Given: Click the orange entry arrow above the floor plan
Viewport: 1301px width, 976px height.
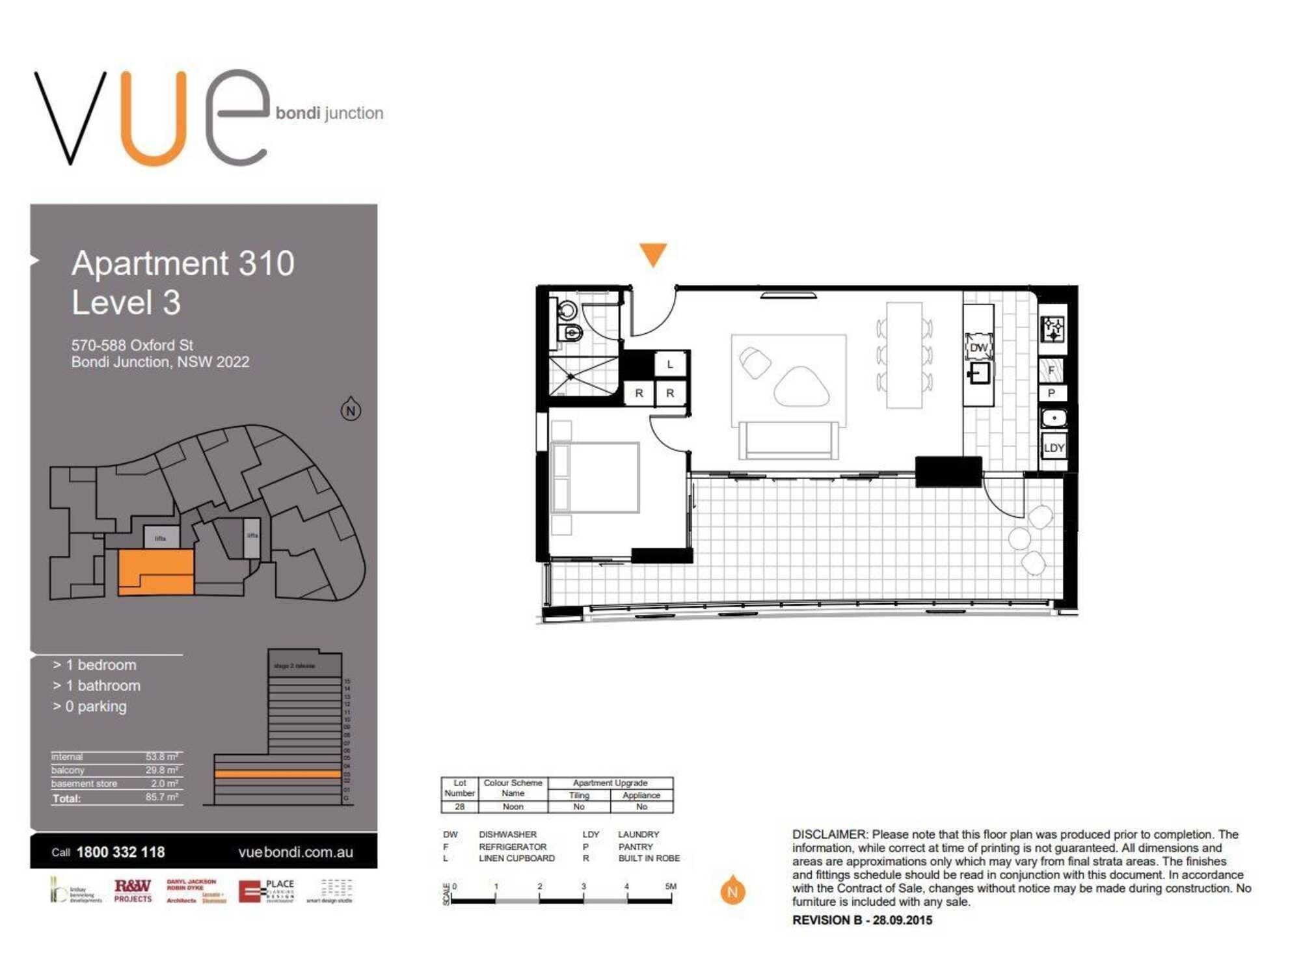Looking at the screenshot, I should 653,253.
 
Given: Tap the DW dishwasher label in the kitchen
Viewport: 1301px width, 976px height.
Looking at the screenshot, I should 978,347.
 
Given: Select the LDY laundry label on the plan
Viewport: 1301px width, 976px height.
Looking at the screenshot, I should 1054,448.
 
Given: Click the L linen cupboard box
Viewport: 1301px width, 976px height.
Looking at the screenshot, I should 670,364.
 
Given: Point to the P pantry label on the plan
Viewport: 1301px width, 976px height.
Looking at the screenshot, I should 1051,393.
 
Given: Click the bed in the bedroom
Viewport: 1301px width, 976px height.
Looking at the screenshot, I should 595,478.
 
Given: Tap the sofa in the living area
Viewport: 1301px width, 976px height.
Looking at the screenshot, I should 788,440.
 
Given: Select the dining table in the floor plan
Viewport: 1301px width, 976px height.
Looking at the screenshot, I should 904,355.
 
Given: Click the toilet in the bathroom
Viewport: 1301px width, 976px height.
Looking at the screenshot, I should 571,334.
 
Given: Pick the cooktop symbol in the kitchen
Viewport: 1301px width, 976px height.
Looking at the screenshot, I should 1053,329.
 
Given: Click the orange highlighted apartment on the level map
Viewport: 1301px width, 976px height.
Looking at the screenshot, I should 155,572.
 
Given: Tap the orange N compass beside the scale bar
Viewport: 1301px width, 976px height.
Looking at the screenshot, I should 732,891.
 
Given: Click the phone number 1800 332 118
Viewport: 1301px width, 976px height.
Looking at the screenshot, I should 120,852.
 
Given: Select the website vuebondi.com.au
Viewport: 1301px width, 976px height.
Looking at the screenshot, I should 295,852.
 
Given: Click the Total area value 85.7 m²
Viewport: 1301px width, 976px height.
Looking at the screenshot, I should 162,797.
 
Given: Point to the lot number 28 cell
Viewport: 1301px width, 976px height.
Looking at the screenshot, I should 459,807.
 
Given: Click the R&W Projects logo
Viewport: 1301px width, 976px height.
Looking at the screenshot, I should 133,890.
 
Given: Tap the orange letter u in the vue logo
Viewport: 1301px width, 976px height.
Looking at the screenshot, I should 155,117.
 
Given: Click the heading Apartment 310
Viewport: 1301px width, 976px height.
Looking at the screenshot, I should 183,264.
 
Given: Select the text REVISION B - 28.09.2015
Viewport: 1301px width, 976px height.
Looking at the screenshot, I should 862,920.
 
